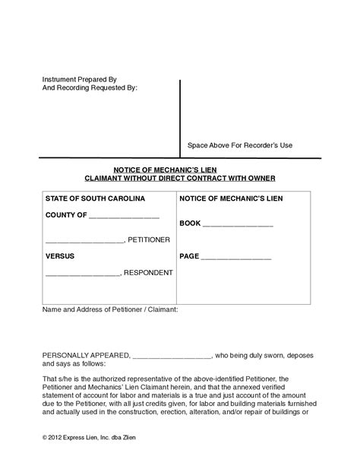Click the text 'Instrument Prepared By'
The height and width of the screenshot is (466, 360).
pyautogui.click(x=78, y=79)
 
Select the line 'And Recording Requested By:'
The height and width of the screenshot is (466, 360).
pyautogui.click(x=89, y=88)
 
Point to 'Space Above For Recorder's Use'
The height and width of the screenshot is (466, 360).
pyautogui.click(x=239, y=145)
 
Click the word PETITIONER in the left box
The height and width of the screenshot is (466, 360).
pyautogui.click(x=149, y=239)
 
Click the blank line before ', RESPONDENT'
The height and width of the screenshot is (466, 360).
pyautogui.click(x=82, y=274)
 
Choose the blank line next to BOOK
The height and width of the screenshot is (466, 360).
pyautogui.click(x=238, y=227)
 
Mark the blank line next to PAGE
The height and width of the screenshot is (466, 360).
pyautogui.click(x=236, y=258)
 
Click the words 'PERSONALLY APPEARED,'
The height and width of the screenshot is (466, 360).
pyautogui.click(x=86, y=355)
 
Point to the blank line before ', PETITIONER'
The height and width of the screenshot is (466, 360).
pyautogui.click(x=84, y=242)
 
